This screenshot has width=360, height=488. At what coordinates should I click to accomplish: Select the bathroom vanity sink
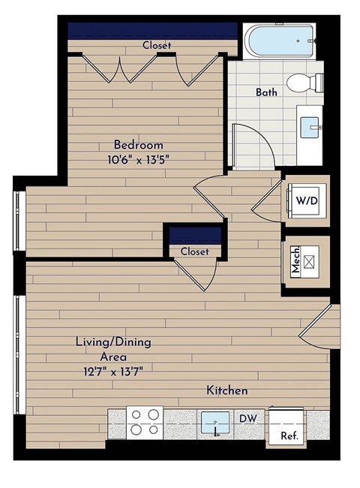(311, 128)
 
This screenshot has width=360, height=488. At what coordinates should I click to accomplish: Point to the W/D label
(305, 200)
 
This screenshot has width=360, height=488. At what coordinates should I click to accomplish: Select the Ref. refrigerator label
(288, 435)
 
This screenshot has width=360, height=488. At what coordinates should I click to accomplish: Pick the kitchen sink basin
(216, 422)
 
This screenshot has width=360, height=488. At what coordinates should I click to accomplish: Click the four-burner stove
(145, 422)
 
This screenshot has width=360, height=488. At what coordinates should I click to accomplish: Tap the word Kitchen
(227, 391)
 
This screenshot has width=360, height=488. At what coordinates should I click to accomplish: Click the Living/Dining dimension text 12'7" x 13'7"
(112, 370)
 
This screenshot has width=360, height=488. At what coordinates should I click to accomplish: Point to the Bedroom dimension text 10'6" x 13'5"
(139, 158)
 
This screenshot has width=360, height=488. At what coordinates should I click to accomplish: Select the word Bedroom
(139, 144)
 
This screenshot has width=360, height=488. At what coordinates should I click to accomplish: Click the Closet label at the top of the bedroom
(157, 45)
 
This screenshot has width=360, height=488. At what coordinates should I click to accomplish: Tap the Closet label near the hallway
(194, 252)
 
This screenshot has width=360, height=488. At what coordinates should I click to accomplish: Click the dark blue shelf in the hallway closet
(195, 234)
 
